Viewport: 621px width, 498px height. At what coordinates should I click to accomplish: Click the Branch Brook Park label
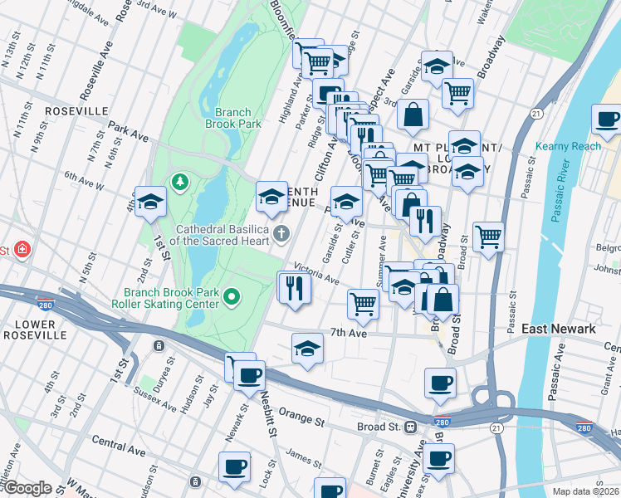point(238,118)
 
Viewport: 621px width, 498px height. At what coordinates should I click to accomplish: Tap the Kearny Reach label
point(574,146)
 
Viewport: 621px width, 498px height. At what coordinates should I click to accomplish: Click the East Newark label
point(559,330)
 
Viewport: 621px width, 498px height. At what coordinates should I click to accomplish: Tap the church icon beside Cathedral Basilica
point(281,233)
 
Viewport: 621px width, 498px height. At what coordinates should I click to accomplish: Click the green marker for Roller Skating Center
point(233,295)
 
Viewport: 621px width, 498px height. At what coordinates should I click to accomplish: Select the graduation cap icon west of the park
point(151,201)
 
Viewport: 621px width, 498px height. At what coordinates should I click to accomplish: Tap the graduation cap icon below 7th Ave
point(307,349)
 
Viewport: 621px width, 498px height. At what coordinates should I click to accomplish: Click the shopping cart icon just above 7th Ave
point(363,304)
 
